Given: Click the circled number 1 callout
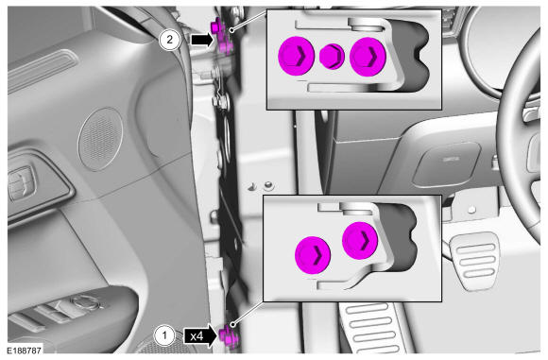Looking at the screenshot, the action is point(163,336).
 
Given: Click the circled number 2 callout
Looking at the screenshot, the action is point(169,39).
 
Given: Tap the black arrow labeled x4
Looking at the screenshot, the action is point(200,336).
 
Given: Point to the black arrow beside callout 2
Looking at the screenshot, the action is point(201,40).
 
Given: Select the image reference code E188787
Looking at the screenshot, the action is point(25,350).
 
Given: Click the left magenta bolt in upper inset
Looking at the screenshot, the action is point(297,56).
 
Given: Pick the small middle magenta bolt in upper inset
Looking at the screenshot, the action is point(332,56).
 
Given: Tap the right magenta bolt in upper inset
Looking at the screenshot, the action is point(368,57).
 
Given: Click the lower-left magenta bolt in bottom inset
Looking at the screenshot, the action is point(313,255).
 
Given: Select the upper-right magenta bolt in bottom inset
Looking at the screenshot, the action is point(360,240).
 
